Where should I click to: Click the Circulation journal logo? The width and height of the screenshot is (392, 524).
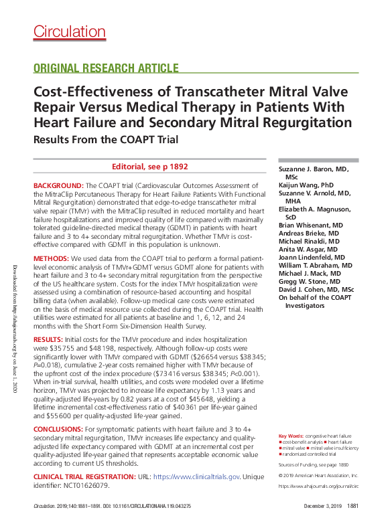pos(69,31)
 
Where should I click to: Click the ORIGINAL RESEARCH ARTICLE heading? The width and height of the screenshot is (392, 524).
pos(105,68)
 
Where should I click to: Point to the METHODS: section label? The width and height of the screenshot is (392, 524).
pos(51,258)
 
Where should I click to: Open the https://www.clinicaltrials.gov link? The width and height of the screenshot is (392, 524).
pos(196,476)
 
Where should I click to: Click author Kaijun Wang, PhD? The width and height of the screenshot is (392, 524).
pos(306,183)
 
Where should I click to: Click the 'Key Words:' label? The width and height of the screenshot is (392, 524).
pos(292,436)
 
